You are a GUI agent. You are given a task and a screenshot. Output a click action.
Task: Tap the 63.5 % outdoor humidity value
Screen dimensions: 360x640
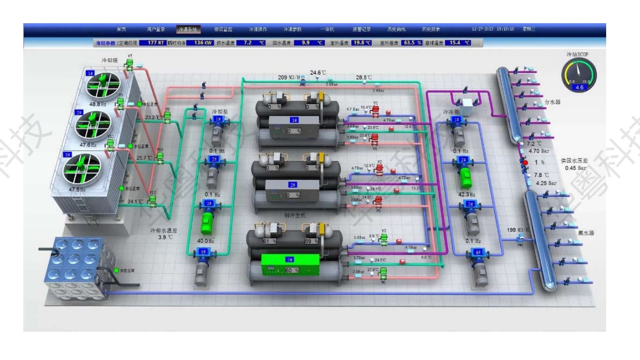click(412, 43)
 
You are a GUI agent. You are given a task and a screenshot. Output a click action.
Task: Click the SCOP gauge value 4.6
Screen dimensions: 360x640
click(578, 87)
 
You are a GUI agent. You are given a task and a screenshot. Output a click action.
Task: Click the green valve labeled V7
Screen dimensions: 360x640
click(129, 63)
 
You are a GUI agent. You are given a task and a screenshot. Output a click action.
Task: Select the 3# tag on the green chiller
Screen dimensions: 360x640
click(289, 259)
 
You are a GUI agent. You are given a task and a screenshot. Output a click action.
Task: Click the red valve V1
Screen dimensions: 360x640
click(375, 110)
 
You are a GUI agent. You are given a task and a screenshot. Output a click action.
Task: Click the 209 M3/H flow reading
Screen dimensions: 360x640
click(289, 77)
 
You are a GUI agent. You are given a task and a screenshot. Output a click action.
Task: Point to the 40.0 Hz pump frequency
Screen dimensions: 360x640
click(206, 241)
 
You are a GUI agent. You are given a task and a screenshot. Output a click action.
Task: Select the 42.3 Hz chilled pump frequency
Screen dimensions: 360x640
click(464, 194)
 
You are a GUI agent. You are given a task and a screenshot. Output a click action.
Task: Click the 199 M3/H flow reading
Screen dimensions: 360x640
click(518, 230)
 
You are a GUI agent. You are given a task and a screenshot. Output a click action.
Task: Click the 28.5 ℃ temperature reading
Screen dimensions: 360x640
click(364, 77)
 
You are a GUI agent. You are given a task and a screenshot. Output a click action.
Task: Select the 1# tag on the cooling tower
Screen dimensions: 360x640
click(91, 73)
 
